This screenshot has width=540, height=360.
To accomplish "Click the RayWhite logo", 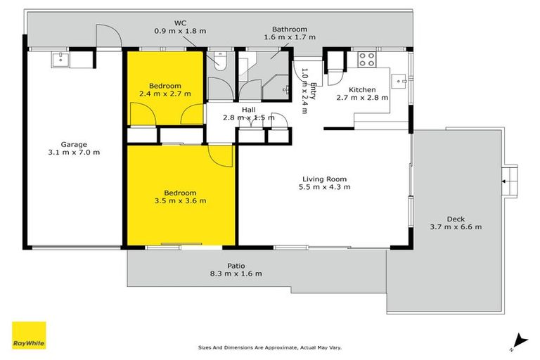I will [x=29, y=335].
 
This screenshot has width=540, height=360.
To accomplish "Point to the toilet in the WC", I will [x=219, y=62].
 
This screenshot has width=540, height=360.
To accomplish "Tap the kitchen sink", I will [x=401, y=80].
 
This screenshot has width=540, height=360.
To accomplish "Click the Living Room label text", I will [x=324, y=179].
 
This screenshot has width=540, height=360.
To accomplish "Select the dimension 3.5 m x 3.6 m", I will [x=180, y=201].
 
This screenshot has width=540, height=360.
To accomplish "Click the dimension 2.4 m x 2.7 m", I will [x=165, y=92].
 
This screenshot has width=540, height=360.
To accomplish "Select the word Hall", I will [x=249, y=109].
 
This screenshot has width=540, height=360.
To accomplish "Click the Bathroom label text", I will [x=289, y=29].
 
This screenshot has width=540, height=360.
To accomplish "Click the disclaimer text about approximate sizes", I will [x=270, y=347].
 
